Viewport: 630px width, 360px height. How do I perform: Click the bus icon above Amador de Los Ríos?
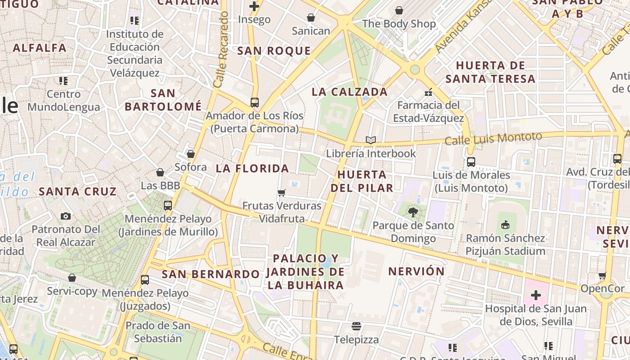coord(254,102)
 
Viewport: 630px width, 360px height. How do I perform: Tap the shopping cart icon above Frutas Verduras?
coord(281,193)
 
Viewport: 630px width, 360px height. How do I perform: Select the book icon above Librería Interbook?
coord(370,140)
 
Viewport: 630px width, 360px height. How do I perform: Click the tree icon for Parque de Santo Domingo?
coord(413,212)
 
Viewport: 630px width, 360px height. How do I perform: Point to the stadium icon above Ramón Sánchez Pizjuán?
coord(505,225)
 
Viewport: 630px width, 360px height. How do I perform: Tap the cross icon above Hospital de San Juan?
coord(535,295)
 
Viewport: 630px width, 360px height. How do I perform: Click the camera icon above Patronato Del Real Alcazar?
coord(66,216)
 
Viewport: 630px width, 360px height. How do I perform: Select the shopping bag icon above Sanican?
coord(310,18)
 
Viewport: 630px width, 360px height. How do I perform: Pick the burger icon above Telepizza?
coord(356,326)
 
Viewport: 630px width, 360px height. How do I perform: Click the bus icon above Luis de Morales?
coord(471,162)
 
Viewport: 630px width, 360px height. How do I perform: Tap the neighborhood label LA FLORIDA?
coord(252,169)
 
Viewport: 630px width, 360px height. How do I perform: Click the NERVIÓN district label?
coord(416,271)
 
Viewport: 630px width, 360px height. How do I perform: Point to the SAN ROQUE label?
coord(274,51)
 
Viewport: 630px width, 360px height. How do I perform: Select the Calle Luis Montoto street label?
coord(493,138)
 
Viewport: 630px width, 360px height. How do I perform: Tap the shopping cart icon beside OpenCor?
coord(602,275)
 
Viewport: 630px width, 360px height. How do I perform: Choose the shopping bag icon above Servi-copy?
coord(72,278)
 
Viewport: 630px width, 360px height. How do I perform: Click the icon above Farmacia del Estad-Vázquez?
coord(428,92)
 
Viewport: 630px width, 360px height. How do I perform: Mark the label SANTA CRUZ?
coord(77,191)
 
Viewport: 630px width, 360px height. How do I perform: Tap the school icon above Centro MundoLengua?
coord(63,81)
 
